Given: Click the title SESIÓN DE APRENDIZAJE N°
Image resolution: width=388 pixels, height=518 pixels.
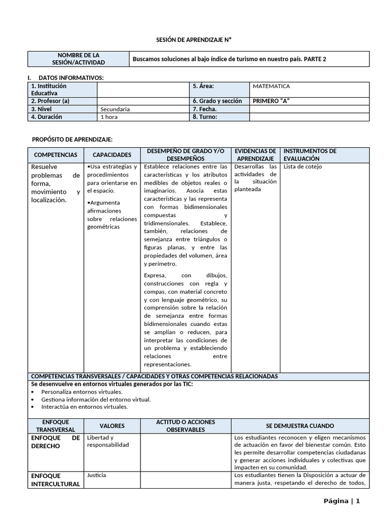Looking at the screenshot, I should coord(193,39).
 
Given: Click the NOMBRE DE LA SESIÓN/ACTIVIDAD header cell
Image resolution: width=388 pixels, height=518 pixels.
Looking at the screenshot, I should coord(78,59).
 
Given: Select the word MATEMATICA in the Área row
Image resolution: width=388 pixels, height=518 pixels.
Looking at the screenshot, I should coord(271,86).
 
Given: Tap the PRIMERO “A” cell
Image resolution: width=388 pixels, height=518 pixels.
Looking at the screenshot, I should coord(271,101).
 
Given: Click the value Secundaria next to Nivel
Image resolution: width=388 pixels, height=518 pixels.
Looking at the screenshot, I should coord(115,109).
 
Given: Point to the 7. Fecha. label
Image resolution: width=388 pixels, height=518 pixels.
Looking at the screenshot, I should coord(205,109).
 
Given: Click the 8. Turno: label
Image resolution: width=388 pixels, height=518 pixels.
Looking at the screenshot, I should coord(205,117).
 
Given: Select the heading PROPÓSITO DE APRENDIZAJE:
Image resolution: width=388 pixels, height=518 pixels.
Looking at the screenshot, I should coord(72,139).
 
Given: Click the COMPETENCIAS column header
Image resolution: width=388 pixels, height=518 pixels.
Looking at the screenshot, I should coord(56,155).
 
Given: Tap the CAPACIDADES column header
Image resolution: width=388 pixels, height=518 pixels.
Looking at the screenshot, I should coord(112,155).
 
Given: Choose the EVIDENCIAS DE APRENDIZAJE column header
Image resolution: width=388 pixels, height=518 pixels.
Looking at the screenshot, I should coord(255,155).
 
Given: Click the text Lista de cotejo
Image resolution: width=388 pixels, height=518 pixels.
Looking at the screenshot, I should coord(303,166).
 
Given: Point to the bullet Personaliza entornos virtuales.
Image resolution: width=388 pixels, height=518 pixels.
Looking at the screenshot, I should coord(82,392).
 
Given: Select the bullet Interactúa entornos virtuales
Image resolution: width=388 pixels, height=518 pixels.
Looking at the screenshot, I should coord(84,406).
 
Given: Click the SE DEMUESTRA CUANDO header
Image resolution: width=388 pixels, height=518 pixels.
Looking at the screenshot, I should coord(300,426).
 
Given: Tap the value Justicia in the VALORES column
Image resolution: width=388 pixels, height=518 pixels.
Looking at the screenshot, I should coord(96,476).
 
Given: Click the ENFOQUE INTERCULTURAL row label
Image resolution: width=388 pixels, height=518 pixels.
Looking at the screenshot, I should coord(56,480).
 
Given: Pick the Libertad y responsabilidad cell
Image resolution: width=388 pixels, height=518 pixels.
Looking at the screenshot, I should coord(108,441).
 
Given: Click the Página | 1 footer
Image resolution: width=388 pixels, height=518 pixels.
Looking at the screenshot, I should coord(342,501).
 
